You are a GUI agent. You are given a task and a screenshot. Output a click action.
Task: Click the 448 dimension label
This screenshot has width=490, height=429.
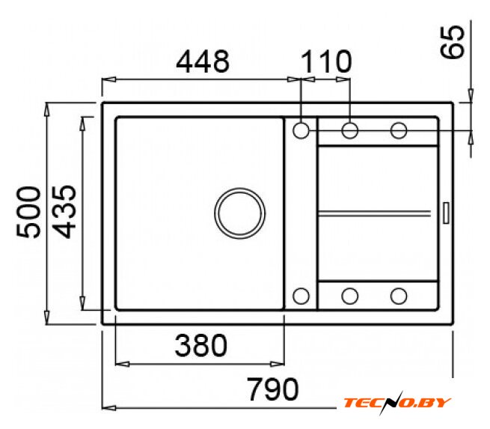click(203, 61)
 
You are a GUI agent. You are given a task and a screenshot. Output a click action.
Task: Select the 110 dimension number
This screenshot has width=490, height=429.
click(327, 61)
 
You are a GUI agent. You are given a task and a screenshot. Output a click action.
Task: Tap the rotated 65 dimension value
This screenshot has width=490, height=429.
click(453, 42)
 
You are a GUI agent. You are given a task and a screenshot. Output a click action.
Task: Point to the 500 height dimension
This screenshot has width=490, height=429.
click(28, 213)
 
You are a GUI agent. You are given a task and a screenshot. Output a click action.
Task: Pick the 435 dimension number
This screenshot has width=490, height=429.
click(64, 212)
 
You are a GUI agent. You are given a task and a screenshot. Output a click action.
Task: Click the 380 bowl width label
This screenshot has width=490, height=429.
click(201, 345)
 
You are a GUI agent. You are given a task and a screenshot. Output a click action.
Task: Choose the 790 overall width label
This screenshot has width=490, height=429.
click(273, 389)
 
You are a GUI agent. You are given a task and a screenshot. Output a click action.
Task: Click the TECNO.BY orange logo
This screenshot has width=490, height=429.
click(397, 403)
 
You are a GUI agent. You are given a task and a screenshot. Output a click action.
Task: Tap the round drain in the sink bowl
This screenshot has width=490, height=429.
click(240, 213)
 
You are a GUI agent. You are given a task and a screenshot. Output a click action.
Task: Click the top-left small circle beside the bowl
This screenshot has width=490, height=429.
click(301, 130)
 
